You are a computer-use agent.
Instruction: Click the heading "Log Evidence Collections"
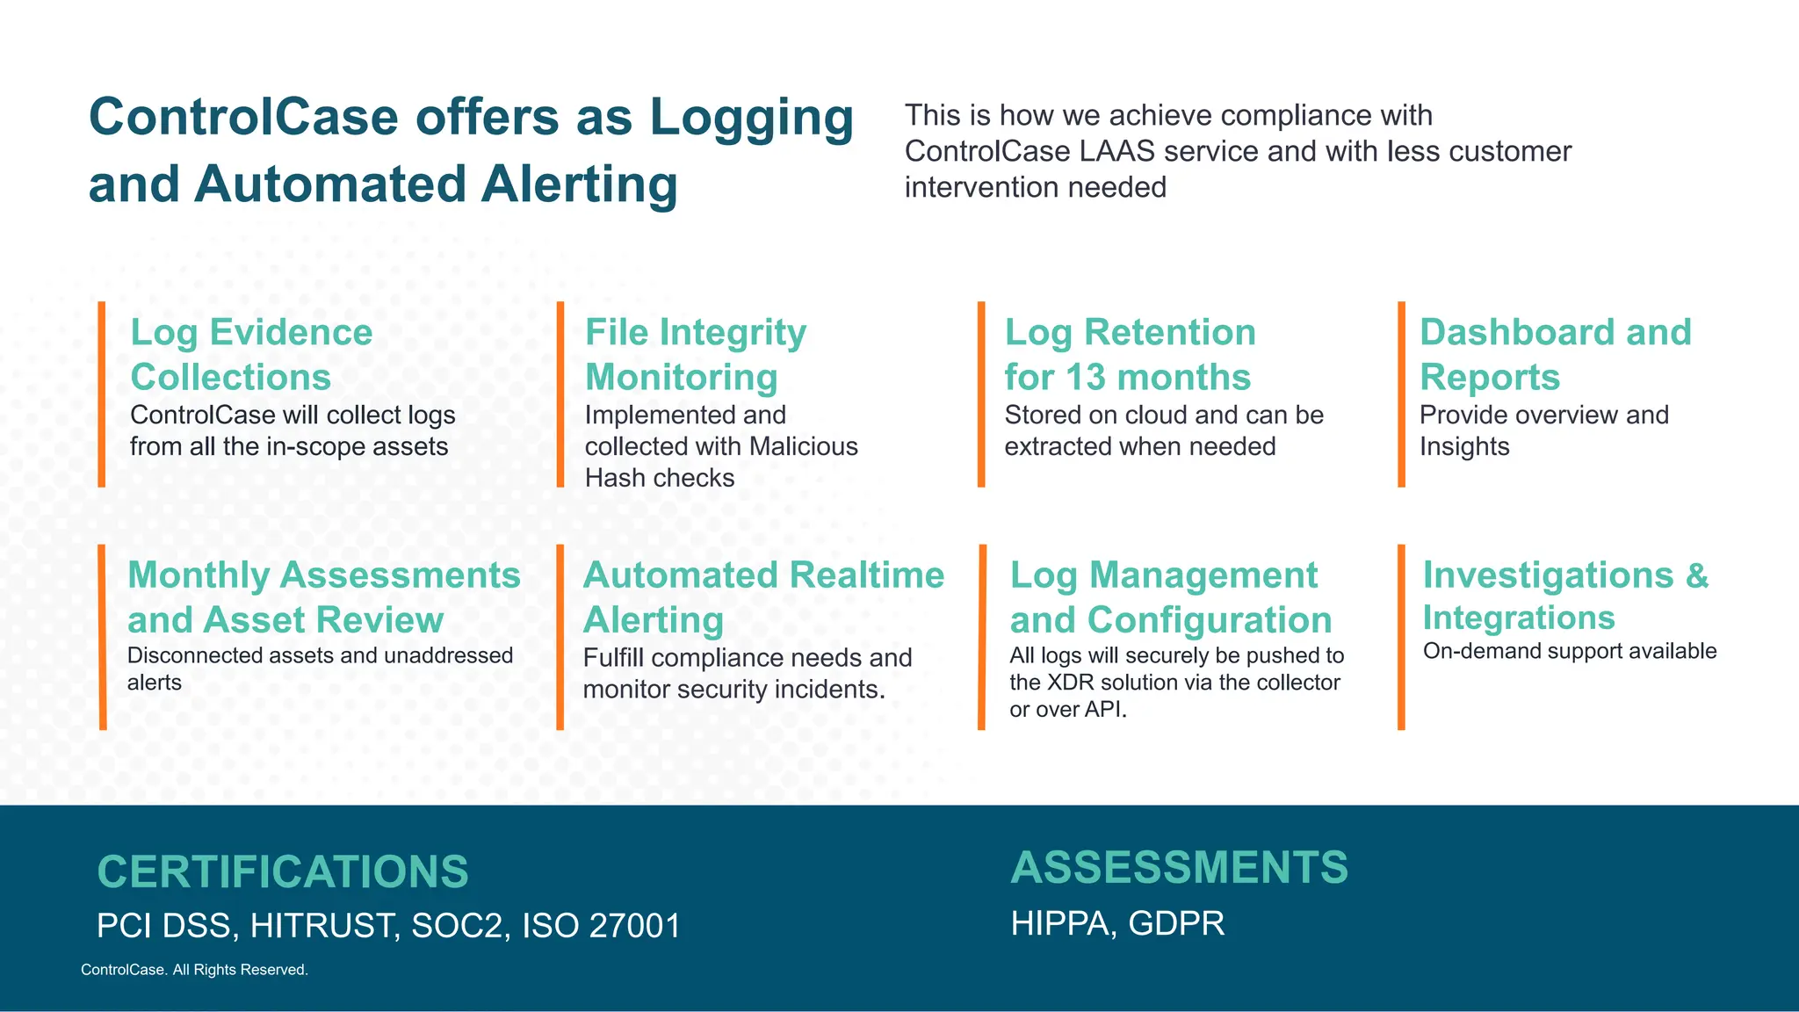(x=251, y=355)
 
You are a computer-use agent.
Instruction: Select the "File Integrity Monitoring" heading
(x=695, y=355)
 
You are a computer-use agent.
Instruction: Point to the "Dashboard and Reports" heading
(x=1555, y=355)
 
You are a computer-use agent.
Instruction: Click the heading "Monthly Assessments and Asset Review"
(x=323, y=597)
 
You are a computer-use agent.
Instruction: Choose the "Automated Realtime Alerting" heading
(x=762, y=597)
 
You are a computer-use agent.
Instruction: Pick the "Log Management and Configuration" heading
(x=1170, y=597)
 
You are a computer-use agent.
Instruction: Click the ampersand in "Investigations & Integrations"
(x=1696, y=575)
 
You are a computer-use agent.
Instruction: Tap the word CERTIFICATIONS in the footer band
(x=283, y=871)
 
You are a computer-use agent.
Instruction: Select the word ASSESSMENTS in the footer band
(x=1179, y=867)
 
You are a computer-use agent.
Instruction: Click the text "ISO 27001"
(x=601, y=926)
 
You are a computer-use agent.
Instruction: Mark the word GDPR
(x=1176, y=923)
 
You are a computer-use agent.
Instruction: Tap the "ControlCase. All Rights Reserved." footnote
(x=194, y=970)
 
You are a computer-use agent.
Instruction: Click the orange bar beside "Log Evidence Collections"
(x=102, y=394)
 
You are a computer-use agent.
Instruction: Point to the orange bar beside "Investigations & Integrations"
(x=1401, y=637)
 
